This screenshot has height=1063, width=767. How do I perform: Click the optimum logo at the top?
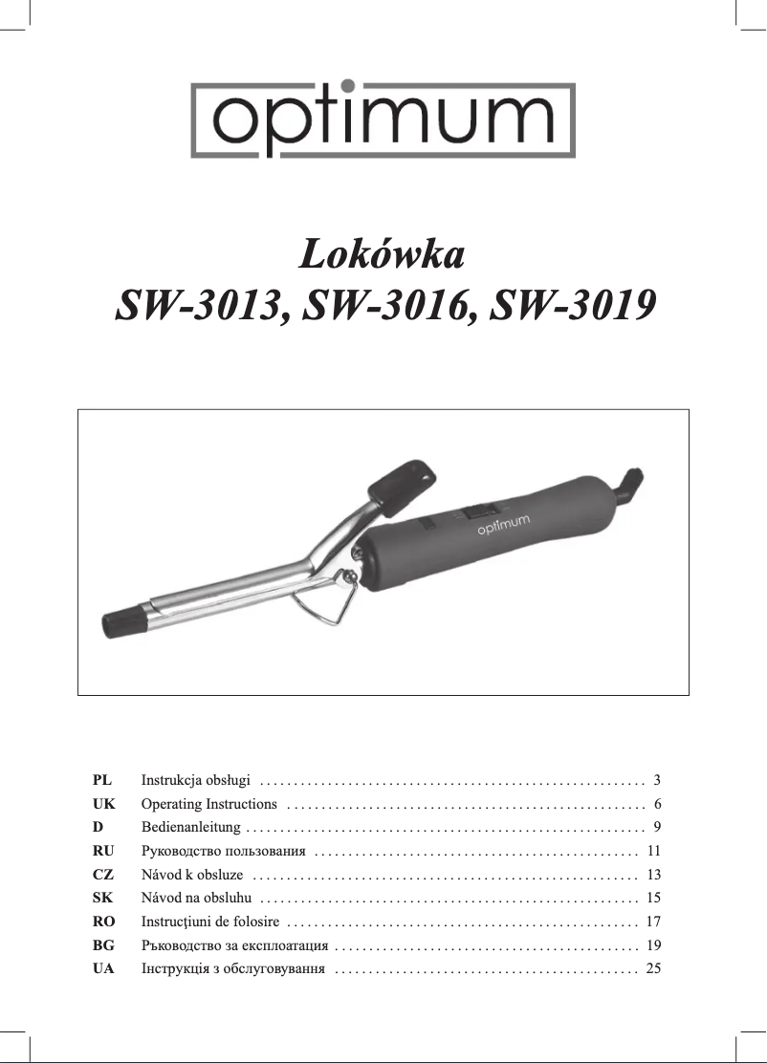(x=383, y=119)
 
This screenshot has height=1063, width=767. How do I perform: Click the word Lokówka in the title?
(x=383, y=256)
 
